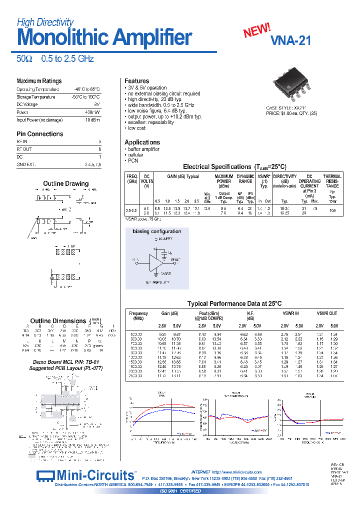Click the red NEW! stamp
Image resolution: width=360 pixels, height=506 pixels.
pos(257,31)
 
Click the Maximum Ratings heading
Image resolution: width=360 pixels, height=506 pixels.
pos(39,81)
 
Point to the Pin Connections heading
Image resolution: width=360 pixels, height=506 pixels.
pos(39,134)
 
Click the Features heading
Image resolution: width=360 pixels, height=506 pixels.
pos(136,81)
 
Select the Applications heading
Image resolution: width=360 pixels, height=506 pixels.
pos(142,142)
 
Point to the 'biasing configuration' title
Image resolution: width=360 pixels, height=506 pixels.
pos(156,231)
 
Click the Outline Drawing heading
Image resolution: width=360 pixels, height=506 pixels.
pos(65,183)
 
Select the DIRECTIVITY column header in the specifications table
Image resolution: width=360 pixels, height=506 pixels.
pos(285,176)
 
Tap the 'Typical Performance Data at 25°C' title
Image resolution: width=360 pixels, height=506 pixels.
pos(234,303)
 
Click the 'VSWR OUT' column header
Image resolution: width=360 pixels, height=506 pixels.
pos(327,313)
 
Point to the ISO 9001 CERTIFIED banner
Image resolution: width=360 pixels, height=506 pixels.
pos(180,491)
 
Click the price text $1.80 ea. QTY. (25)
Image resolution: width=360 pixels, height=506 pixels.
pos(291,113)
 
